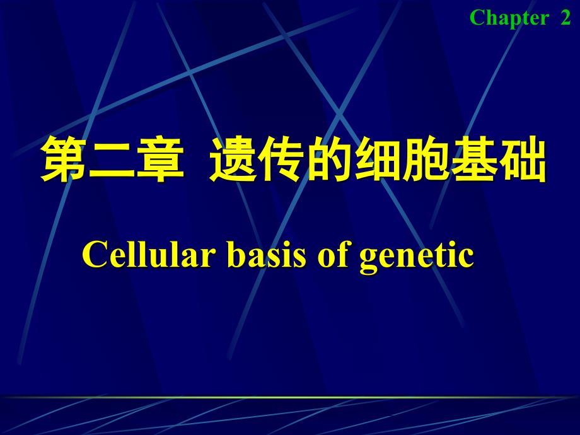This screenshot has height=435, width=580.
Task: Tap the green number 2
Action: point(565,18)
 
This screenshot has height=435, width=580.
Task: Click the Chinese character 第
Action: point(64,161)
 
